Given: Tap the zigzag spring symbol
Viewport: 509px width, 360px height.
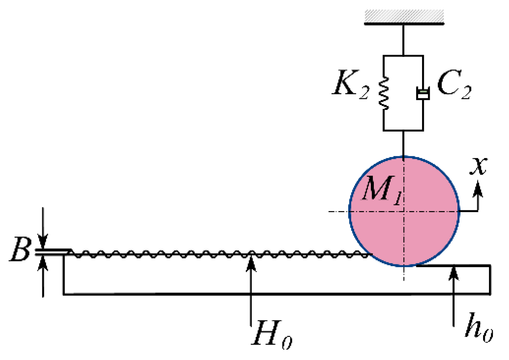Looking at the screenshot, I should tap(384, 93).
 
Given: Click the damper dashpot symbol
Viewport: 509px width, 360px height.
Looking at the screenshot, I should tap(423, 93).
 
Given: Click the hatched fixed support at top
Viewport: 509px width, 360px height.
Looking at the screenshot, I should tap(404, 17).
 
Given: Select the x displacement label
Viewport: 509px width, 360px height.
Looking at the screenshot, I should tap(478, 166).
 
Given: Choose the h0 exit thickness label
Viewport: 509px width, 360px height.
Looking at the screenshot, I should tap(479, 328).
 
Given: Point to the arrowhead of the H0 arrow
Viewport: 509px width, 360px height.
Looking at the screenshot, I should tap(251, 262).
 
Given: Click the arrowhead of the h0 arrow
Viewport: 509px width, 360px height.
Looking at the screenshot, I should tap(453, 272).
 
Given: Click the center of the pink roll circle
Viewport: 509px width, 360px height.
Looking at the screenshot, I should tap(404, 211).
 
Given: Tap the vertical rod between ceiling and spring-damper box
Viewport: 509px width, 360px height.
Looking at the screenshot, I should tap(403, 40).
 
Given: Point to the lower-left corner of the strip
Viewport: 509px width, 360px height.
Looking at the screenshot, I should tap(64, 294).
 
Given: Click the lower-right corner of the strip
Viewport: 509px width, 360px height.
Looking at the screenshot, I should tap(490, 294).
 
